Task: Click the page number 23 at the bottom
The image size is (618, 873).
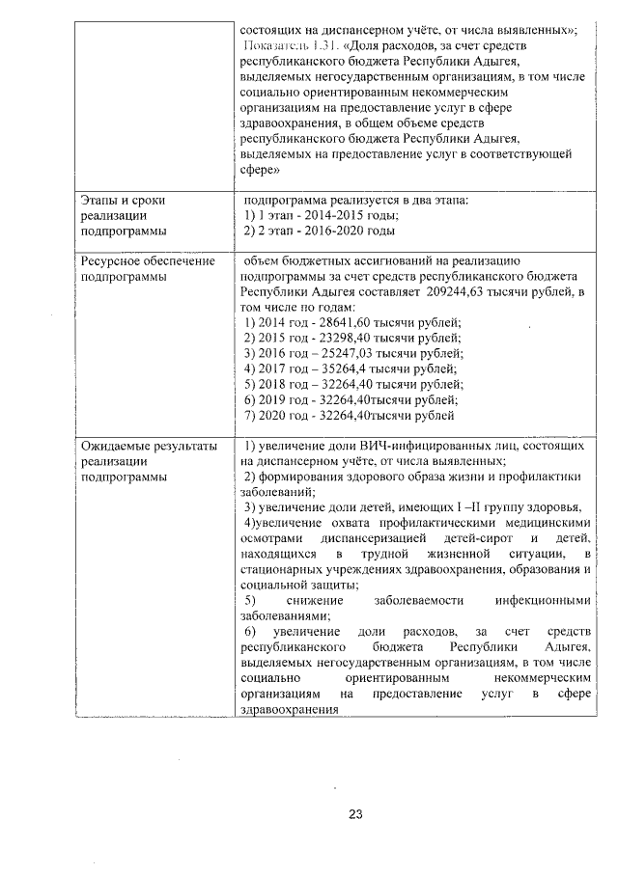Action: pos(354,814)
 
